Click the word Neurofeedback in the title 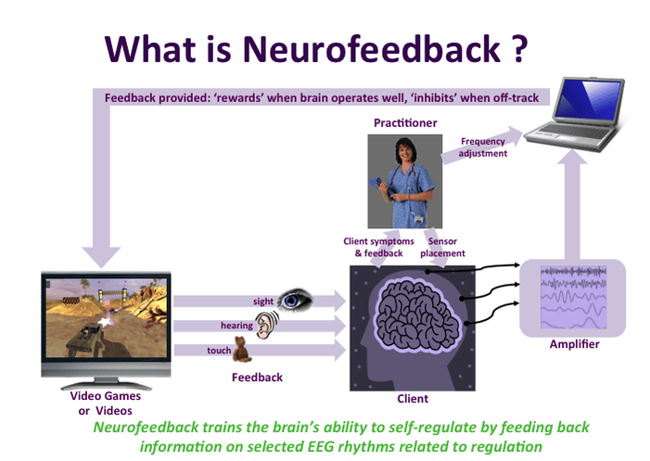371,50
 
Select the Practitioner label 405,123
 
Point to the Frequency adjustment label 482,147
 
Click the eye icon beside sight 295,300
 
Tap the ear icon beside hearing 266,324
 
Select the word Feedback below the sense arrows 257,378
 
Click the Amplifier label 574,344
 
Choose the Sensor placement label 442,247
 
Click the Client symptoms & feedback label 378,247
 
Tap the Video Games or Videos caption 106,403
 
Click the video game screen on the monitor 107,318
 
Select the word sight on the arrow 263,301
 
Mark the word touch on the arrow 219,351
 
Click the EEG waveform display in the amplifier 573,297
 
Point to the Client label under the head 413,399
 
